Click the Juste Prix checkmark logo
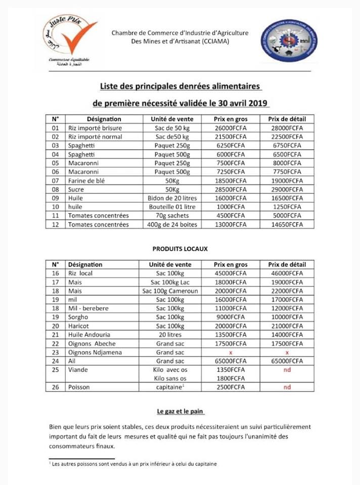(x=69, y=40)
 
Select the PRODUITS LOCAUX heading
(x=180, y=249)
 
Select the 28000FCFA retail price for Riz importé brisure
(x=286, y=128)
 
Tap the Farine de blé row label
(x=86, y=180)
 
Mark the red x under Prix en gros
(x=230, y=352)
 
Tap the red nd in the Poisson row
(x=286, y=387)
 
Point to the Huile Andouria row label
(x=88, y=334)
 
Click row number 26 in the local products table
(x=56, y=387)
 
